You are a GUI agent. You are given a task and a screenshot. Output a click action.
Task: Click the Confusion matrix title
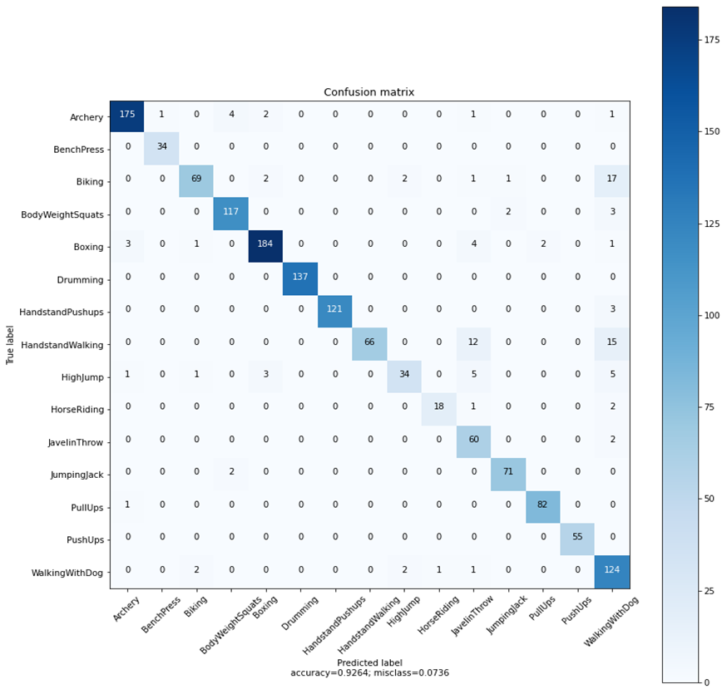[x=368, y=92]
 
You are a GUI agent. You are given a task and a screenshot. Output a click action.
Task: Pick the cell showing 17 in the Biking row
[x=611, y=182]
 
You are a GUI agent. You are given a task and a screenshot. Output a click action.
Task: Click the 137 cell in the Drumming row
[x=300, y=280]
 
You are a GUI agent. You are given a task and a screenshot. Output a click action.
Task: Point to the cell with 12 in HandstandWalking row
[x=473, y=345]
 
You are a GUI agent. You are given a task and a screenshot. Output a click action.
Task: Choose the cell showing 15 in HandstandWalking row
[x=611, y=345]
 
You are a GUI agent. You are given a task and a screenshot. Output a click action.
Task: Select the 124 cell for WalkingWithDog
[x=611, y=573]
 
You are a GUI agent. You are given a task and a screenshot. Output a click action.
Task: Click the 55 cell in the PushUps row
[x=576, y=540]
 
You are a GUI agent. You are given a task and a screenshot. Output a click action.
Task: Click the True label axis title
[x=11, y=345]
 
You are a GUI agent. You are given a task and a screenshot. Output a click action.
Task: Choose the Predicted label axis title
[x=368, y=662]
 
